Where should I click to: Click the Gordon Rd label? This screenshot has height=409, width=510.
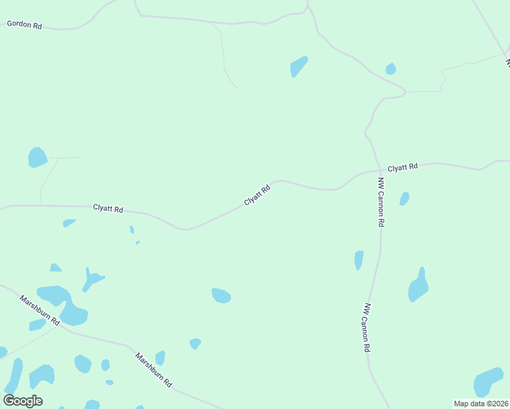[x=25, y=25]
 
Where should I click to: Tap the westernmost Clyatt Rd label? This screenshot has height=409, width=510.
[x=108, y=209]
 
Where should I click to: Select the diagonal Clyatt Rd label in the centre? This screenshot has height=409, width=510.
[x=258, y=194]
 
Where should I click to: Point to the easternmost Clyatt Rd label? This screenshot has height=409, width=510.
[x=402, y=167]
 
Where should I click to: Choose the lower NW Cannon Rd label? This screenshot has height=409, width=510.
[x=367, y=327]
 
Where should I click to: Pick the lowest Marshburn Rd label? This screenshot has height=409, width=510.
[x=153, y=370]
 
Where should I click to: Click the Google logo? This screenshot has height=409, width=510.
[x=23, y=401]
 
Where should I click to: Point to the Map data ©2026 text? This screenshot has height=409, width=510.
[x=481, y=404]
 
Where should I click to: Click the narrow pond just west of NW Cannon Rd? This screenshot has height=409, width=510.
[x=359, y=260]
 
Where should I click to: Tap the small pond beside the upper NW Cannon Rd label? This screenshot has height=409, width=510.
[x=404, y=198]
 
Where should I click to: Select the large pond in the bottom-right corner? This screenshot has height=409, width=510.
[x=488, y=382]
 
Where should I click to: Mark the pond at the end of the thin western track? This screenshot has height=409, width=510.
[x=37, y=157]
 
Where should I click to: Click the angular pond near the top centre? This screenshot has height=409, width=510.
[x=298, y=66]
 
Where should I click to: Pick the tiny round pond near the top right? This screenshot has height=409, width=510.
[x=391, y=68]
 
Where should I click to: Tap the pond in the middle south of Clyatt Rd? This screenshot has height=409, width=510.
[x=221, y=295]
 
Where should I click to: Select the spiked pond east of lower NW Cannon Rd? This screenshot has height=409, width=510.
[x=418, y=286]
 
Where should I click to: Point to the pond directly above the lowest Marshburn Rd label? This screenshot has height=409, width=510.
[x=160, y=358]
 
